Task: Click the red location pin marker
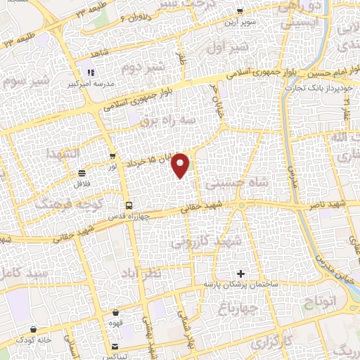181,164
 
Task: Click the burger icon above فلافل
82,173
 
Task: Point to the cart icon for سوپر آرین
239,11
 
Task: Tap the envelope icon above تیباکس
115,346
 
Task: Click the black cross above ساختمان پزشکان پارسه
241,273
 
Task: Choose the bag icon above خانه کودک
34,328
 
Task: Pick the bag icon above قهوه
115,314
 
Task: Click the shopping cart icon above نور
112,156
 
